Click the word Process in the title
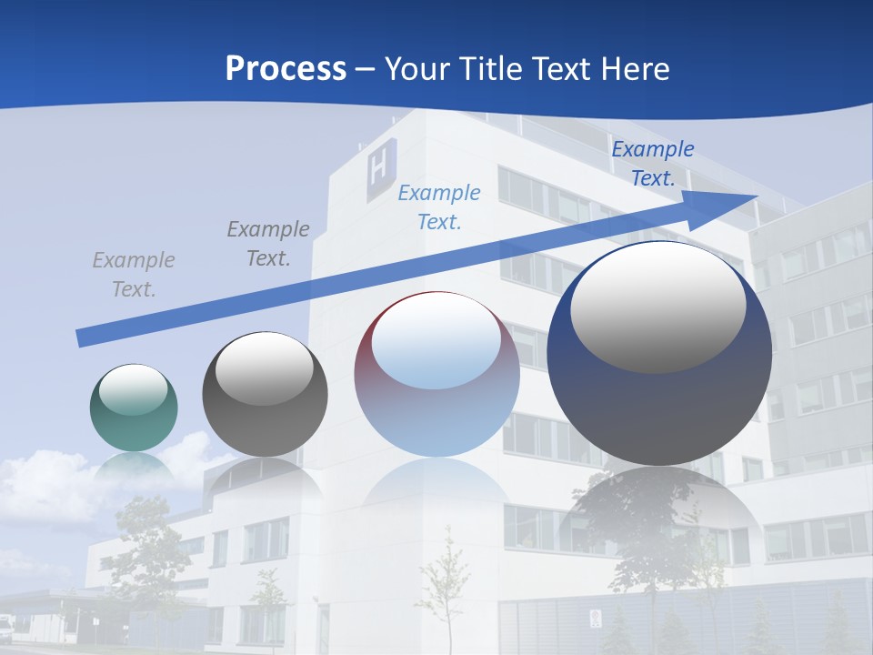[286, 69]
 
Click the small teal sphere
[134, 408]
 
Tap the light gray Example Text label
[134, 275]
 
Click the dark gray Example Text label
[268, 244]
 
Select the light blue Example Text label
[439, 207]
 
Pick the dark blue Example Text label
[652, 164]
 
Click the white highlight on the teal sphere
[134, 390]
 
